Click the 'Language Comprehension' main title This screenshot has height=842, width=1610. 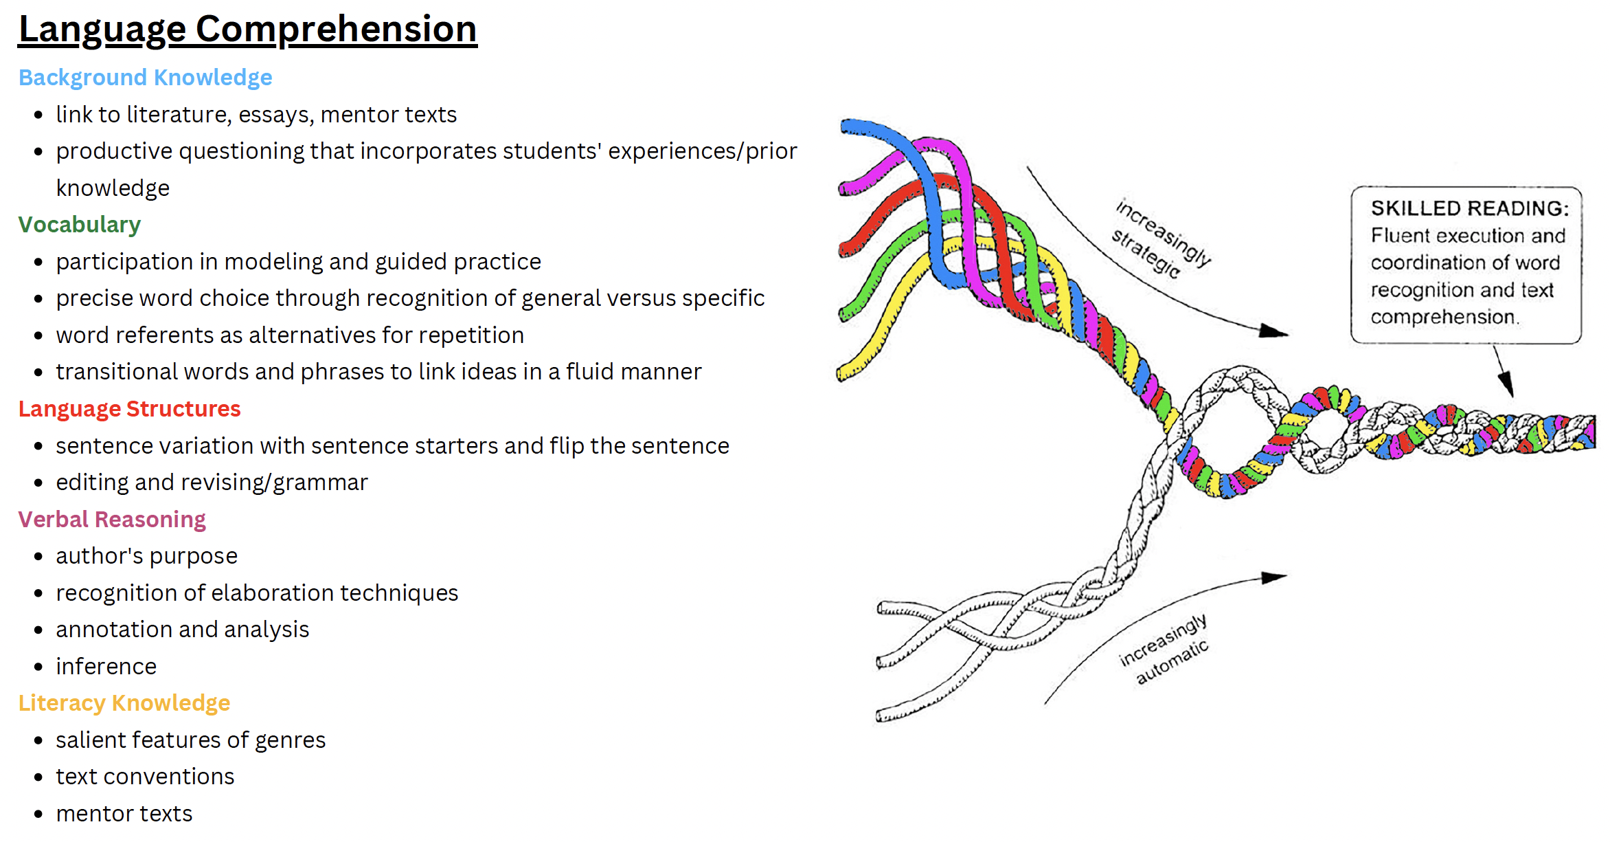coord(247,30)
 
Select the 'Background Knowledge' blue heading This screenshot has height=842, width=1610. coord(145,78)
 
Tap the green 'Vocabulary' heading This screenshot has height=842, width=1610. coord(79,225)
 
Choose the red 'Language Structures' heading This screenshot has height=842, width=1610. coord(129,409)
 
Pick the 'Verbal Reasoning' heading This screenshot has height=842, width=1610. coord(111,520)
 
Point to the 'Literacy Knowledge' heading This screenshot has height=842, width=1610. coord(124,703)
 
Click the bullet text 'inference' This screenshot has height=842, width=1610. coord(106,667)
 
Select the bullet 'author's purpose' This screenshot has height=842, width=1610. coord(146,556)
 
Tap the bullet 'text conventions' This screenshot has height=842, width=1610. coord(145,777)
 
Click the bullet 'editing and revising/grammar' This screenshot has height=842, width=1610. coord(212,483)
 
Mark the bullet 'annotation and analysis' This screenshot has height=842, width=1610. coord(182,630)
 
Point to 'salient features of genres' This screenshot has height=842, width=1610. coord(190,740)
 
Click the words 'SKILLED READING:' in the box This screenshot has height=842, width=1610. coord(1469,208)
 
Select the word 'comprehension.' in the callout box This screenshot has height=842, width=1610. coord(1444,317)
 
